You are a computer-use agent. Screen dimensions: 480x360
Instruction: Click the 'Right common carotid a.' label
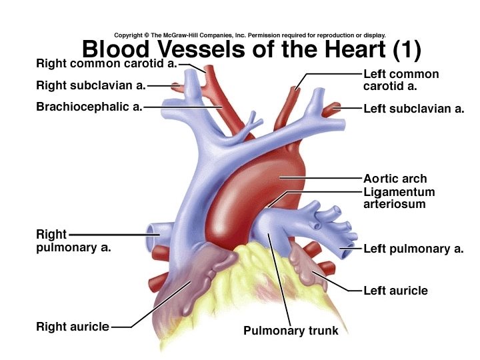(x=106, y=65)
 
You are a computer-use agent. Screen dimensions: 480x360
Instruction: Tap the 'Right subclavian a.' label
(x=91, y=85)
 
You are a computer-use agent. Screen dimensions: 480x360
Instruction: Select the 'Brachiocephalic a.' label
(x=89, y=106)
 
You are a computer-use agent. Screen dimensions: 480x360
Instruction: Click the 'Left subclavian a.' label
(x=413, y=109)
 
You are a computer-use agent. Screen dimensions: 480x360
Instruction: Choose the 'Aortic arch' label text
(x=395, y=179)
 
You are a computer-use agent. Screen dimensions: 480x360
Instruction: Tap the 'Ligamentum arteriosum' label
(x=399, y=198)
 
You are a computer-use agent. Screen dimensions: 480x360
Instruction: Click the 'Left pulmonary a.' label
(x=413, y=249)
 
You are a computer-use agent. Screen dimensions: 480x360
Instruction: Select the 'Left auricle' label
(x=395, y=291)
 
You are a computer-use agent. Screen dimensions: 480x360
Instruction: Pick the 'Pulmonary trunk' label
(x=291, y=331)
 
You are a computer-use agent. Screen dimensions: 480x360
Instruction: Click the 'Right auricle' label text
(x=73, y=327)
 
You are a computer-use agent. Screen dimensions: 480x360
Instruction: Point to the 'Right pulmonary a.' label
(x=73, y=241)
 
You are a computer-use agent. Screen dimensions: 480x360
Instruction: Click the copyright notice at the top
(x=250, y=35)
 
